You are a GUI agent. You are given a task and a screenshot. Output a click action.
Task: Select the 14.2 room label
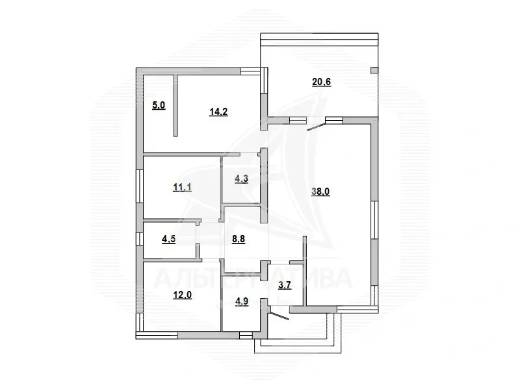point(218,110)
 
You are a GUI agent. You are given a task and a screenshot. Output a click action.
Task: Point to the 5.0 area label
point(159,105)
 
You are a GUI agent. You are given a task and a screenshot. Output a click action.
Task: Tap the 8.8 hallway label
point(239,238)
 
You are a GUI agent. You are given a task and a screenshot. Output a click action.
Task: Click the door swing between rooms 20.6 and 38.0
point(316,126)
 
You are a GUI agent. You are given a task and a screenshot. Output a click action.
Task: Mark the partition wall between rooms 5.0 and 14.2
point(175,105)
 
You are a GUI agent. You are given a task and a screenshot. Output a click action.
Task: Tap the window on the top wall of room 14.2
point(250,71)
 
